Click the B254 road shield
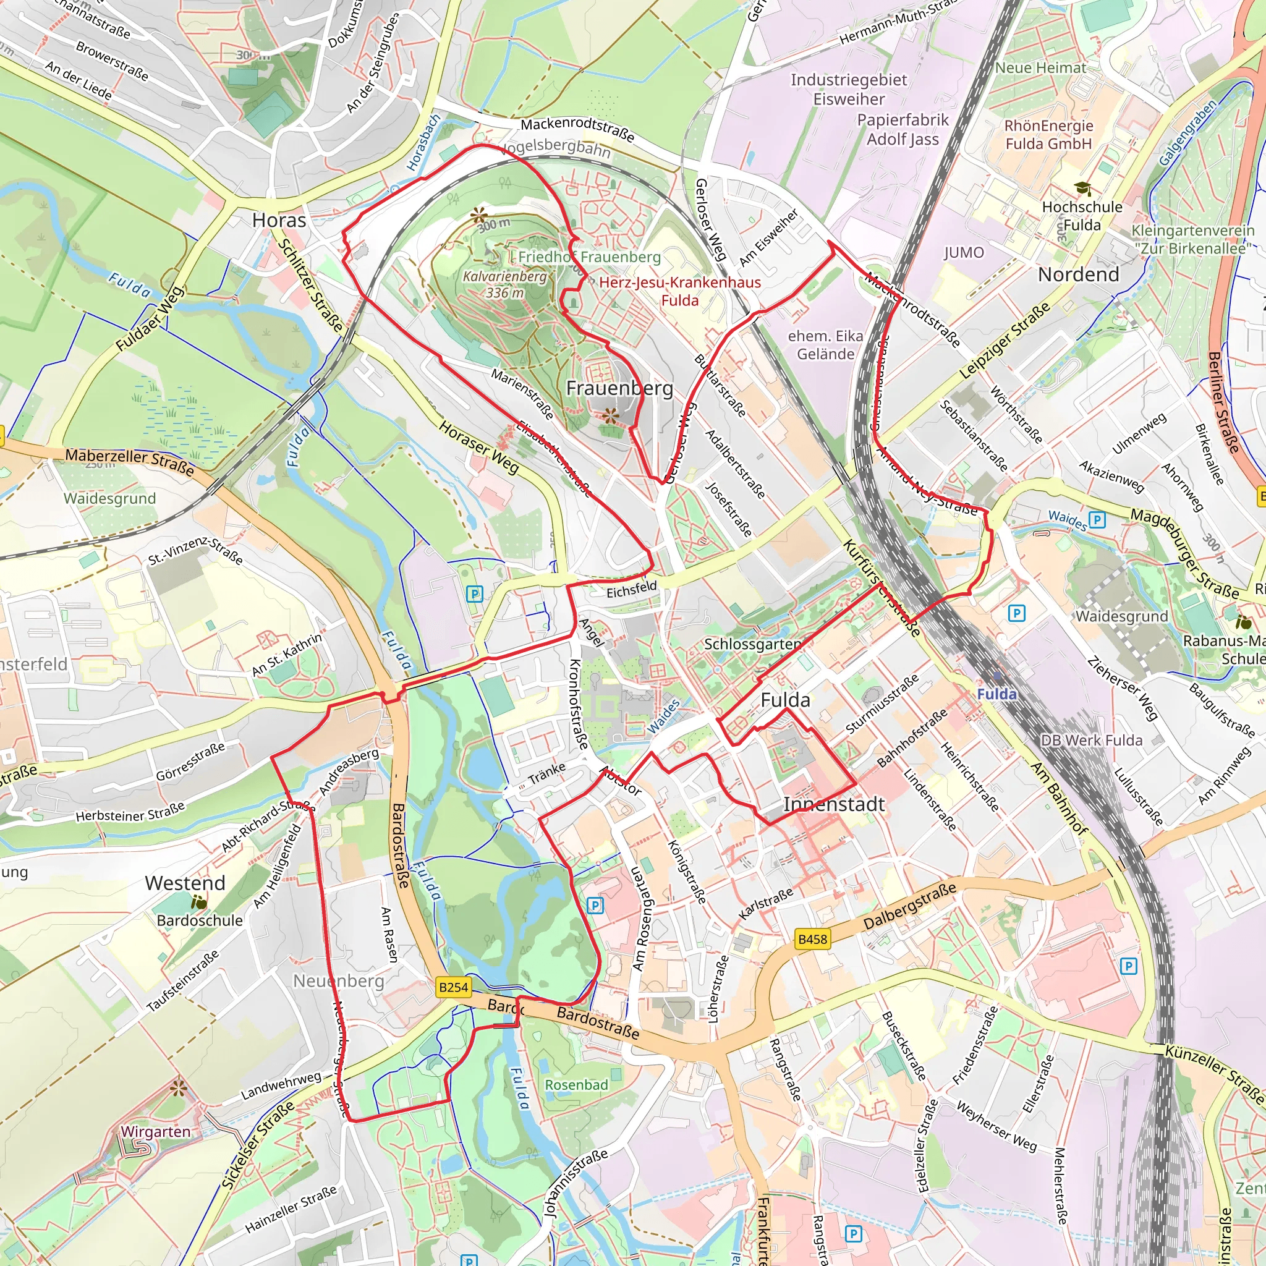point(454,987)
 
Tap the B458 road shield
point(812,939)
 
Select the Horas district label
point(279,220)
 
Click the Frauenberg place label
point(619,388)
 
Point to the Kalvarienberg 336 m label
point(504,284)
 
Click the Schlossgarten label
point(752,644)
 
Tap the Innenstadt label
point(834,804)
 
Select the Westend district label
point(185,883)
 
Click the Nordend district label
point(1079,274)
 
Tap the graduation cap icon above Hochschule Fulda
point(1082,189)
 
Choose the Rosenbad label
point(577,1084)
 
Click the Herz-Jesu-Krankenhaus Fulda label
point(680,292)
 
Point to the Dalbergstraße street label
point(910,907)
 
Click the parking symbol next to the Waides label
point(1097,520)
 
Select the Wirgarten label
point(155,1132)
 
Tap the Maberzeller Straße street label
point(130,462)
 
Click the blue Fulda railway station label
point(996,694)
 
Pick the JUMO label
point(964,252)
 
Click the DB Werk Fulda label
point(1092,741)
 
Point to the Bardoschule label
point(199,920)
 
